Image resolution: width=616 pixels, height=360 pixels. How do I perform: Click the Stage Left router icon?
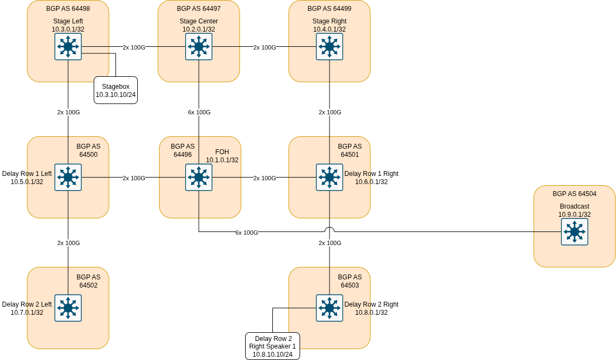[x=68, y=47]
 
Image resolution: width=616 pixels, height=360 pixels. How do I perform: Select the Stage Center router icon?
[x=199, y=47]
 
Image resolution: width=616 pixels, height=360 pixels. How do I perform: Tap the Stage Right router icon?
[x=330, y=47]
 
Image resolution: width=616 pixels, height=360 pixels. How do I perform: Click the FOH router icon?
[x=199, y=178]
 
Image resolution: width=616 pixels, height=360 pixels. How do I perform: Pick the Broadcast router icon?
[x=575, y=232]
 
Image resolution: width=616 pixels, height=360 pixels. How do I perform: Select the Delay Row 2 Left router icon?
[x=68, y=308]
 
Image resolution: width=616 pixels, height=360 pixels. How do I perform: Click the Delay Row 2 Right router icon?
[x=330, y=308]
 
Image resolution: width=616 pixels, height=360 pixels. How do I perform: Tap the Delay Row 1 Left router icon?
[x=68, y=178]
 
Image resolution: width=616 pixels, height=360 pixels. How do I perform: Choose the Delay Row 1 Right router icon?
[x=330, y=178]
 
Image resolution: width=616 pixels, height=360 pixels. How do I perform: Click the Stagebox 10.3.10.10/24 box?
[x=115, y=90]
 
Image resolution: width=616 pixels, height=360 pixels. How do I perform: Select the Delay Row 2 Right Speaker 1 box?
[x=272, y=346]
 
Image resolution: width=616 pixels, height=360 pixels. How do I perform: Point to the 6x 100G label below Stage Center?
[x=199, y=112]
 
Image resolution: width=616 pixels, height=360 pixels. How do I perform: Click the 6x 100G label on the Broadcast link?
[x=246, y=233]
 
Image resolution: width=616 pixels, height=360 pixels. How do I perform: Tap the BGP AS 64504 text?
[x=574, y=194]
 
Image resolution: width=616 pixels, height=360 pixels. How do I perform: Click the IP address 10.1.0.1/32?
[x=222, y=160]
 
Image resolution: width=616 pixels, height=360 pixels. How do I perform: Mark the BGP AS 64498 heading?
[x=68, y=9]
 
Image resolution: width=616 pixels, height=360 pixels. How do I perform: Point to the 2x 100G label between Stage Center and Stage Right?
[x=264, y=47]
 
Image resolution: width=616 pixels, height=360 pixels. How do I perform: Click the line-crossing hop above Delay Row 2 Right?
[x=330, y=230]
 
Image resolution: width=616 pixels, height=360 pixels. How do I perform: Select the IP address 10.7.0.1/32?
[x=27, y=313]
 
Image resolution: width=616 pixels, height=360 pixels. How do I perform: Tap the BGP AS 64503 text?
[x=350, y=281]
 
